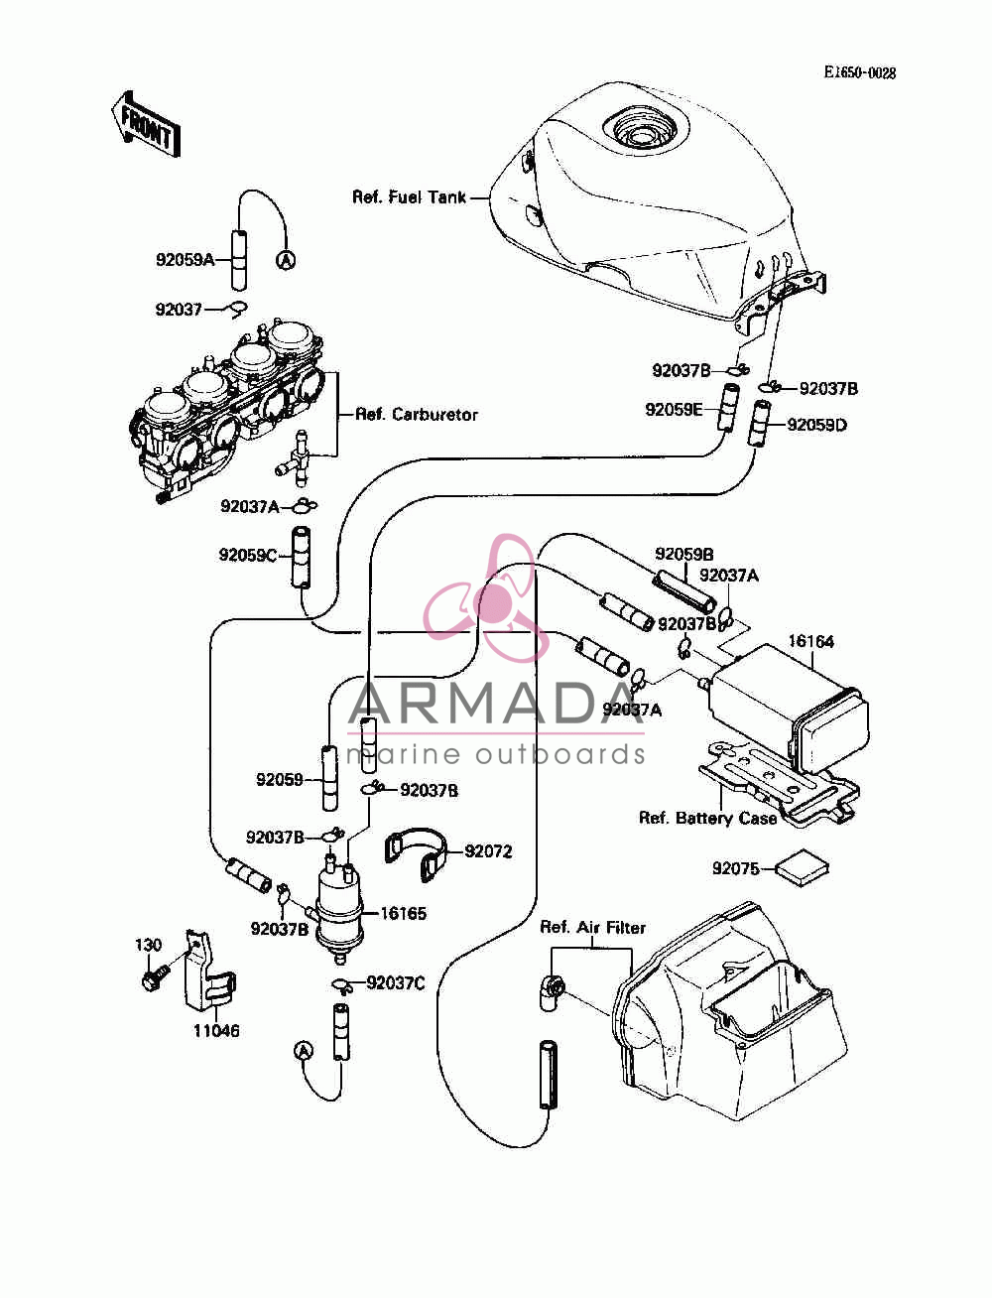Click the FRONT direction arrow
pyautogui.click(x=146, y=125)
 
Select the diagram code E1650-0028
pyautogui.click(x=860, y=72)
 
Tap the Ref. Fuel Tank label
pyautogui.click(x=409, y=196)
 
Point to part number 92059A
pyautogui.click(x=186, y=260)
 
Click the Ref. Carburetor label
pyautogui.click(x=417, y=414)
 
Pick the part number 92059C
pyautogui.click(x=248, y=556)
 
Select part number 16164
pyautogui.click(x=811, y=641)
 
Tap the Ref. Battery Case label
pyautogui.click(x=707, y=819)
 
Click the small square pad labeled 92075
pyautogui.click(x=802, y=868)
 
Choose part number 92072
pyautogui.click(x=488, y=851)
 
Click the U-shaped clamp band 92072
pyautogui.click(x=416, y=853)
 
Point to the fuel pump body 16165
pyautogui.click(x=339, y=905)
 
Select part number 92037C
pyautogui.click(x=396, y=983)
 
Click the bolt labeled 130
pyautogui.click(x=155, y=978)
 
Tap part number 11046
pyautogui.click(x=216, y=1031)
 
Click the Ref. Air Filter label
pyautogui.click(x=592, y=927)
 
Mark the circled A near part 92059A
pyautogui.click(x=286, y=259)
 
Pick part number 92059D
pyautogui.click(x=816, y=425)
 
